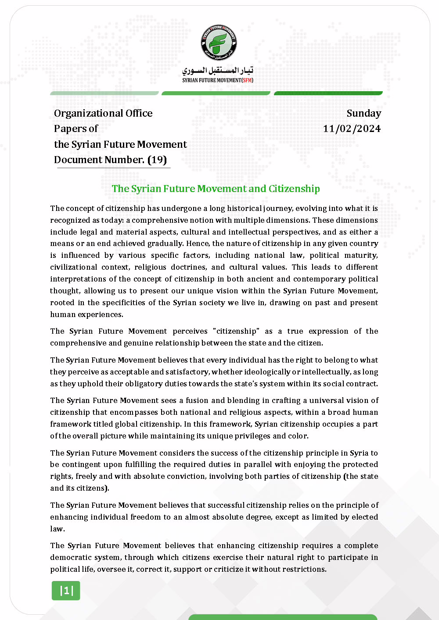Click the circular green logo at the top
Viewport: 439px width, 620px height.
click(219, 43)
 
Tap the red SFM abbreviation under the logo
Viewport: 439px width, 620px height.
click(248, 80)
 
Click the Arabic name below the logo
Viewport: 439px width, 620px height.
click(218, 70)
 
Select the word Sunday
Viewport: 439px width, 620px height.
click(363, 113)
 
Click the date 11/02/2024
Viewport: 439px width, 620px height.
click(352, 128)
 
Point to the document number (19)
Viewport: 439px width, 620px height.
click(157, 160)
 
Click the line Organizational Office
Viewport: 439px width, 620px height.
click(103, 113)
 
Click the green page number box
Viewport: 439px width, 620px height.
click(66, 591)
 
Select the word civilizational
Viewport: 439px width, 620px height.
click(73, 267)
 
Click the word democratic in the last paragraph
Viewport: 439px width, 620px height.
click(70, 557)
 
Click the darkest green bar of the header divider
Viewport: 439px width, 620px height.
click(328, 93)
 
